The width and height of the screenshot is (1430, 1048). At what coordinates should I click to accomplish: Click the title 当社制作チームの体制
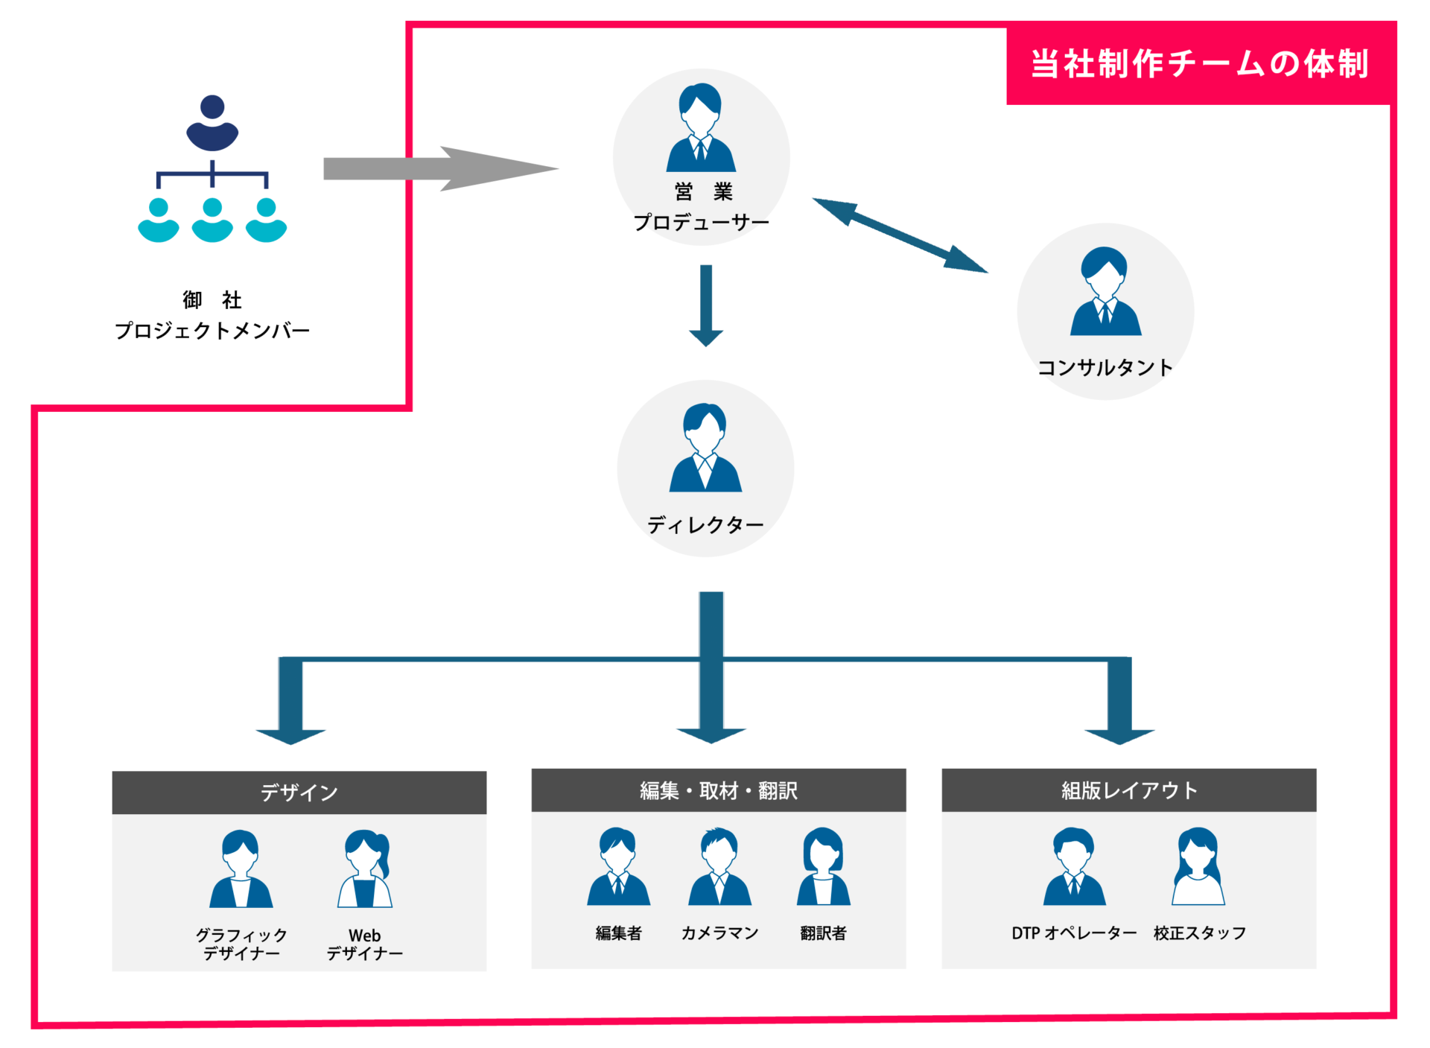tap(1199, 63)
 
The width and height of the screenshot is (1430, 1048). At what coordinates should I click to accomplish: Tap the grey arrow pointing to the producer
tap(439, 169)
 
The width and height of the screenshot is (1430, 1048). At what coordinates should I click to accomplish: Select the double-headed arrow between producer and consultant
tap(900, 235)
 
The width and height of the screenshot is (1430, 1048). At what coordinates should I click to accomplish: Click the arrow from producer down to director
tap(706, 305)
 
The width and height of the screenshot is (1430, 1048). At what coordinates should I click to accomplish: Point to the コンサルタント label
tap(1105, 367)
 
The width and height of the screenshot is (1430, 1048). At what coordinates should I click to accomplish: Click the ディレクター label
tap(705, 525)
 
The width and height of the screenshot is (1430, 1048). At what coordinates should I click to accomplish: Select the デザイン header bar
tap(299, 793)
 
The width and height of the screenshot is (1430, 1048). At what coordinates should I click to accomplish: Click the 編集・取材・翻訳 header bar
tap(718, 790)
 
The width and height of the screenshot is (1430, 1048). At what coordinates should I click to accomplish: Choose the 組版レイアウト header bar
tap(1128, 790)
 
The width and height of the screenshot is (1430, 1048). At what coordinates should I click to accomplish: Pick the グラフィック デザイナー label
tap(241, 944)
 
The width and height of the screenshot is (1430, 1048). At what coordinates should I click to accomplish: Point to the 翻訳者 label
tap(823, 933)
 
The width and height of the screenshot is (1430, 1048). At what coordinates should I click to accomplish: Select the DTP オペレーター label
tap(1073, 933)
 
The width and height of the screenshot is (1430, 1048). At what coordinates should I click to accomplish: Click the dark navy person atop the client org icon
tap(212, 123)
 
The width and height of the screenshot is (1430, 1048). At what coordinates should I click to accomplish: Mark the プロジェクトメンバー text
tap(212, 331)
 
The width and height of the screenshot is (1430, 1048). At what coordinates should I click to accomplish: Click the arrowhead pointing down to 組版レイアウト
tap(1119, 736)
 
